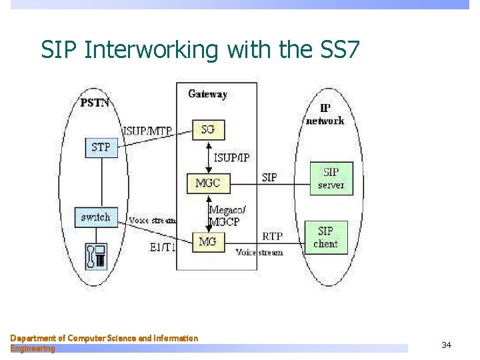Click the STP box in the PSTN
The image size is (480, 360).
pos(101,147)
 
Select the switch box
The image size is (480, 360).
pos(95,217)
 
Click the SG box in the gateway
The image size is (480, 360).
pos(208,129)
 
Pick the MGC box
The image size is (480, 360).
pos(208,182)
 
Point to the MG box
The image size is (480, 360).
pos(208,242)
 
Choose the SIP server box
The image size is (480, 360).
pos(331,178)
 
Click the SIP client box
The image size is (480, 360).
pos(326,237)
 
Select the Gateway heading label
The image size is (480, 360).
pos(208,94)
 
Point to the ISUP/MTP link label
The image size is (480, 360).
pos(148,131)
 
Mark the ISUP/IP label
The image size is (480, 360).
pos(233,157)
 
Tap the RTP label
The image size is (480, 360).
pos(273,236)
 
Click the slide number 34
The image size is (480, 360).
pos(446,345)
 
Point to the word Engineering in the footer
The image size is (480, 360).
pos(33,349)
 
